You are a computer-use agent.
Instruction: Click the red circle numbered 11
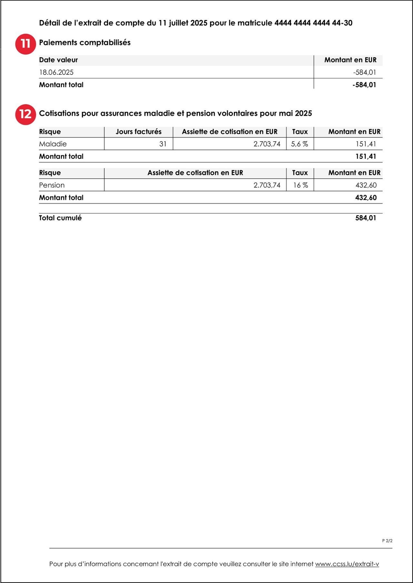tap(25, 44)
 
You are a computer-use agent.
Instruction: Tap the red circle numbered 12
tap(25, 114)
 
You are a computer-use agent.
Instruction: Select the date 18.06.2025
tap(56, 72)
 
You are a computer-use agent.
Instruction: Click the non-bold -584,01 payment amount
tap(365, 72)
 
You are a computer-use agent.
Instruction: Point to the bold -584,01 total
tap(364, 85)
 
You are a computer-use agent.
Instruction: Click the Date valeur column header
tap(58, 60)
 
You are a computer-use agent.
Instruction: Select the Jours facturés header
tap(138, 132)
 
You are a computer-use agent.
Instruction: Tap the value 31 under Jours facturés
tap(163, 144)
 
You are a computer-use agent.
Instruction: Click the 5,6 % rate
tap(299, 144)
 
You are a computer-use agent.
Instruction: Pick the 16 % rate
tap(300, 185)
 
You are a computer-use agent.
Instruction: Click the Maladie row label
tap(53, 144)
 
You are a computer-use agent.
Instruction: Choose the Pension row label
tap(52, 185)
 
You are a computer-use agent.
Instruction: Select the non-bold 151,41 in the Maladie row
tap(366, 144)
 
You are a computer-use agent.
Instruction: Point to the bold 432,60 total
tap(366, 197)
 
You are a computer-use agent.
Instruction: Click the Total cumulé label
tap(60, 218)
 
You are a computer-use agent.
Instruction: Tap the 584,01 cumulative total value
tap(366, 218)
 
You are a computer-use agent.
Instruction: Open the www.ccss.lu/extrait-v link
tap(347, 564)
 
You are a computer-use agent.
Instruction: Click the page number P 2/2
tap(387, 541)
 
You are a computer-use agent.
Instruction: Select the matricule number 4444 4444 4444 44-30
tap(313, 23)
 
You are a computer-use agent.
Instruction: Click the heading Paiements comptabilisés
tap(85, 43)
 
